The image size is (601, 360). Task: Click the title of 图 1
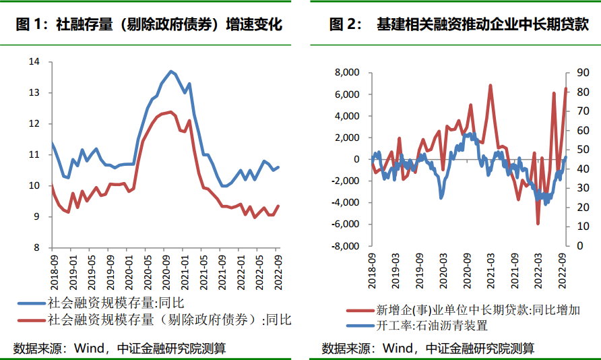(149, 25)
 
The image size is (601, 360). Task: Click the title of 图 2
(459, 25)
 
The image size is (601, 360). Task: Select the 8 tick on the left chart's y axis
(37, 248)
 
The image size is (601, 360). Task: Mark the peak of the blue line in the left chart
(170, 71)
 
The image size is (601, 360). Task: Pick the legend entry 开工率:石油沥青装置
(431, 326)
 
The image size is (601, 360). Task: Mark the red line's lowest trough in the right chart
(538, 223)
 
